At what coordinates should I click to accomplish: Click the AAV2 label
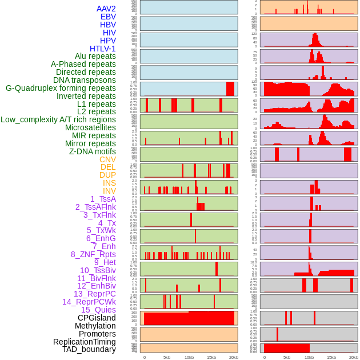(x=106, y=9)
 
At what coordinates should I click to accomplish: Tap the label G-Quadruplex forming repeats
(x=61, y=89)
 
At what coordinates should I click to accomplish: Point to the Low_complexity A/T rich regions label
(x=58, y=119)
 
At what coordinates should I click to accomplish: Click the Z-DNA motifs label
(x=93, y=151)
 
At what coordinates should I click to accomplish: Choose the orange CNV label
(x=107, y=159)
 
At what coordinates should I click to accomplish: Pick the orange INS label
(x=109, y=183)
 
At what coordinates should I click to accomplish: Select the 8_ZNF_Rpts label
(x=93, y=254)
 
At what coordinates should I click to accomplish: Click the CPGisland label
(x=97, y=318)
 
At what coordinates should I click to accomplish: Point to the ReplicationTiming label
(x=84, y=342)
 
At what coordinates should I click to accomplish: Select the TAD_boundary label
(x=89, y=349)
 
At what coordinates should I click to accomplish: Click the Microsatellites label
(x=90, y=127)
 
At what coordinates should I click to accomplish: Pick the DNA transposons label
(x=85, y=80)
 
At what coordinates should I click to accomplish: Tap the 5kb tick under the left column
(x=167, y=357)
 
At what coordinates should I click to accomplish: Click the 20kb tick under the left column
(x=234, y=357)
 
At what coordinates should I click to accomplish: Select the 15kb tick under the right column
(x=331, y=357)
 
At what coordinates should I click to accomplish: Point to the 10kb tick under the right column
(x=309, y=357)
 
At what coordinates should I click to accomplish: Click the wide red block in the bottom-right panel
(x=286, y=348)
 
